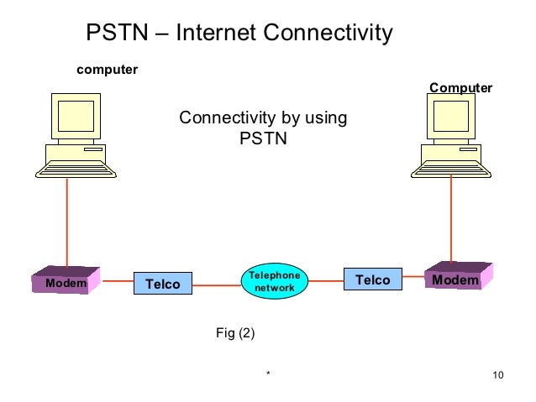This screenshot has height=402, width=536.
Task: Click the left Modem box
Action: (66, 283)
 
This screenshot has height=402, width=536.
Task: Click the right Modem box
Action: (455, 279)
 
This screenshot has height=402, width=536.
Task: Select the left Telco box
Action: (163, 284)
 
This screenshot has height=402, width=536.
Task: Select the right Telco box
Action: (372, 279)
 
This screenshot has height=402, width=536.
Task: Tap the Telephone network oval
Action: (270, 282)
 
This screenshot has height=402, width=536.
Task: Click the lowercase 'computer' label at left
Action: (107, 69)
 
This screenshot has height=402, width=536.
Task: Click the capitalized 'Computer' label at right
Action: (460, 88)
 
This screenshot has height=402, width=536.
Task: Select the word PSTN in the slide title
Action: (118, 33)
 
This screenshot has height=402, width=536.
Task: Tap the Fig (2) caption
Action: (235, 333)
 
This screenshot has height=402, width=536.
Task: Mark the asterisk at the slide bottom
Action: (268, 375)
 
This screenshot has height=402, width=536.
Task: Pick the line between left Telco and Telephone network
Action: (217, 285)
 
